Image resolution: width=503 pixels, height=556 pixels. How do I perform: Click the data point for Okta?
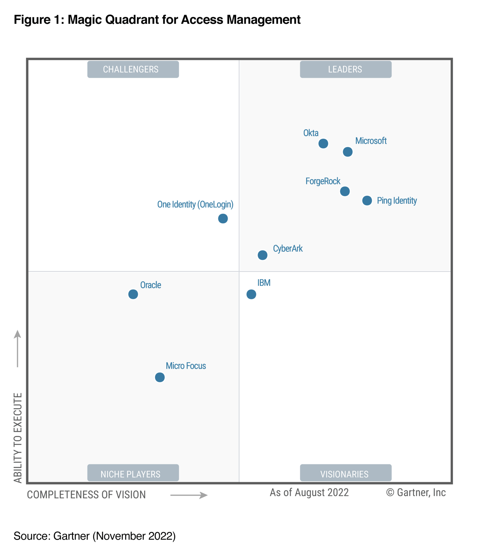(x=323, y=143)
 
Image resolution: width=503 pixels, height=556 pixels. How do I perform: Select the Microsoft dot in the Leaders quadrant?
(x=347, y=152)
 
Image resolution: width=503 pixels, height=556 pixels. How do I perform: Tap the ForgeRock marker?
(x=345, y=191)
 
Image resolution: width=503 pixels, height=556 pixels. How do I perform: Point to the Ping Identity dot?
(x=367, y=200)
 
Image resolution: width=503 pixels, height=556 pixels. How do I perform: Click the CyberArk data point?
(x=262, y=255)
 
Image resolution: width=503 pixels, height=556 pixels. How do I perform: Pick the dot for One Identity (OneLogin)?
(x=223, y=219)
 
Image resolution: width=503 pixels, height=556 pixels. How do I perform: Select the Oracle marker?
(x=133, y=294)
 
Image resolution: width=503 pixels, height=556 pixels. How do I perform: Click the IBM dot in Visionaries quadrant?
(x=251, y=294)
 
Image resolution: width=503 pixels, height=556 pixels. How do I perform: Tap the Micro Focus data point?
(x=159, y=377)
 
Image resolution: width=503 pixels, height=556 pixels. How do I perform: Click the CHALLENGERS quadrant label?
(x=133, y=69)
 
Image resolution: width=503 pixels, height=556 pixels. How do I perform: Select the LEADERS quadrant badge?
(x=345, y=69)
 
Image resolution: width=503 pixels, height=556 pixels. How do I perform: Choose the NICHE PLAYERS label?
(x=133, y=474)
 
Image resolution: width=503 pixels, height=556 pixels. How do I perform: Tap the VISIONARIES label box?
(x=345, y=474)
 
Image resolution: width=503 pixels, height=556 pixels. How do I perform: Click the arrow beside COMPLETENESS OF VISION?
(x=189, y=495)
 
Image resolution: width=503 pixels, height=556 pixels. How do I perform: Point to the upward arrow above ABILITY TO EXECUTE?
(x=17, y=348)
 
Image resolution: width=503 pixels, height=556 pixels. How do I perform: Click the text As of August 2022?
(x=309, y=493)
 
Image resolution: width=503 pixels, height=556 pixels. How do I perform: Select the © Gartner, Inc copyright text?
(x=416, y=493)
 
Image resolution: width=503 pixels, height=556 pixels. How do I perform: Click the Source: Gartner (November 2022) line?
(x=94, y=536)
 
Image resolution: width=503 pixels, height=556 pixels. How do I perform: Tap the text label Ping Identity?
(x=397, y=201)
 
